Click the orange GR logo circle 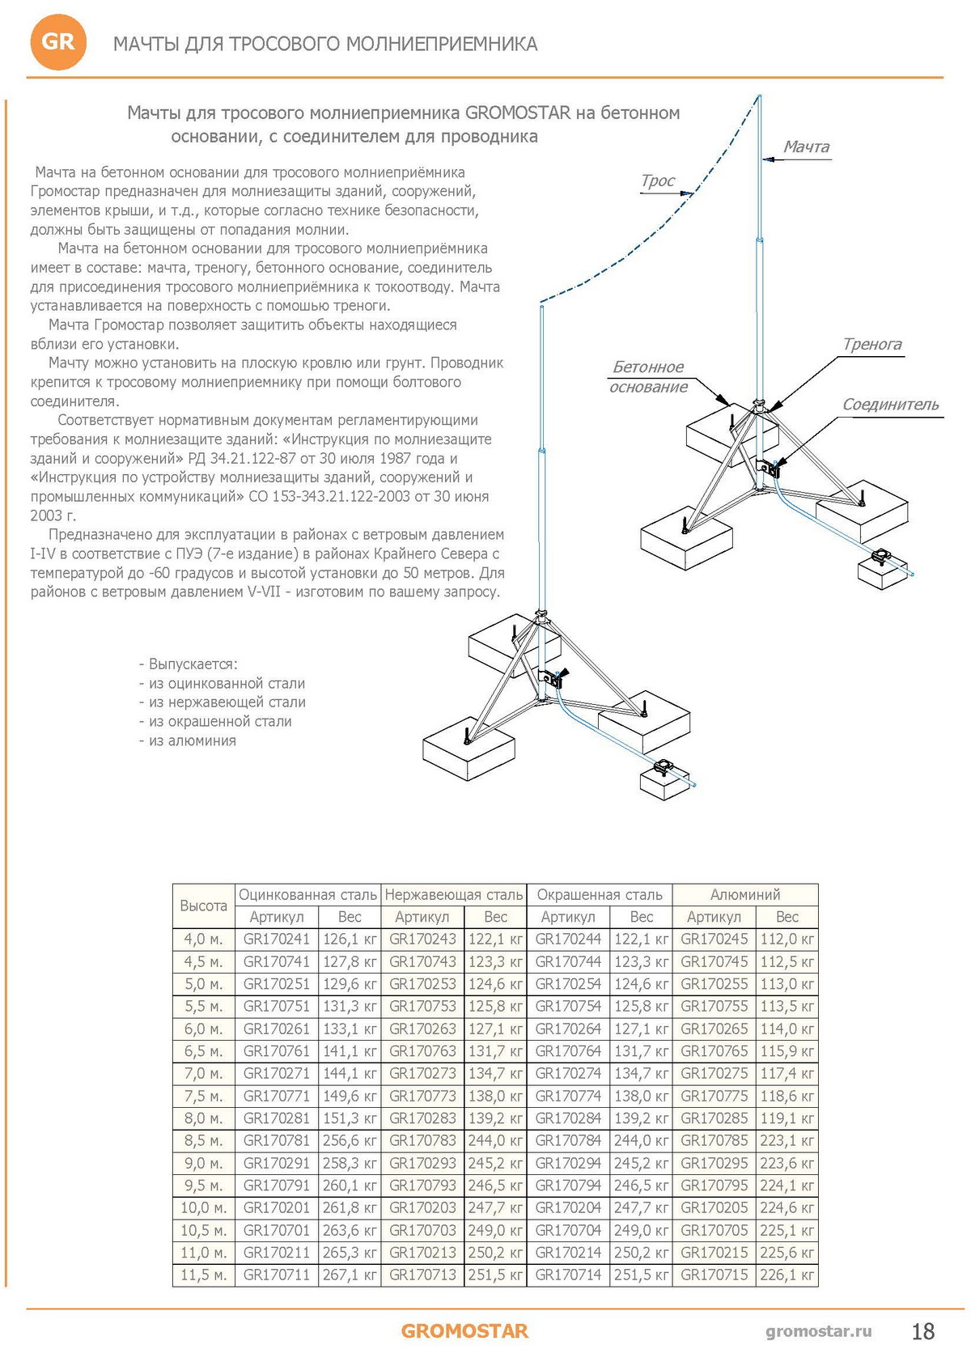coord(57,42)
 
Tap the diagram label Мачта coord(806,146)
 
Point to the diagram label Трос coord(657,180)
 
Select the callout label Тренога coord(871,344)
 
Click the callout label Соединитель coord(890,404)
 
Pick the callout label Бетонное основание coord(648,376)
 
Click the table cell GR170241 coord(277,940)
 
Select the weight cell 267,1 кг coord(350,1275)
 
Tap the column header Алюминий coord(744,894)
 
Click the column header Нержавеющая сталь coord(453,894)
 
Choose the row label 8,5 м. coord(203,1140)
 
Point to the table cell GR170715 coord(714,1275)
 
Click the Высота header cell coord(203,906)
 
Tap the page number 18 coord(922,1331)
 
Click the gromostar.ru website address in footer coord(818,1331)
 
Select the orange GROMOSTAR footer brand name coord(464,1331)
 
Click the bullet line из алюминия coord(188,740)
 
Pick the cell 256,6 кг coord(350,1140)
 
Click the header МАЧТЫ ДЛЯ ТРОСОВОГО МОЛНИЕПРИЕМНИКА coord(325,44)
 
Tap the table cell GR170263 coord(422,1029)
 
